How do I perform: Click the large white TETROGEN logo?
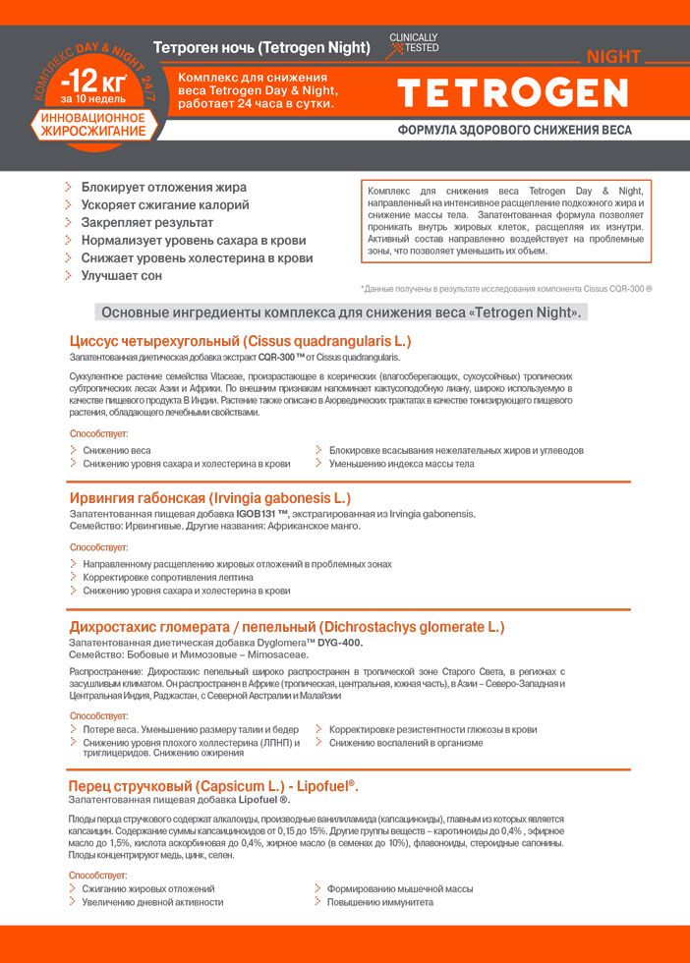[x=512, y=92]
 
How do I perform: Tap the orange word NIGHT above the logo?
[x=613, y=56]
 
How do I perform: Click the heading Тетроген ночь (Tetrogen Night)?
[x=261, y=47]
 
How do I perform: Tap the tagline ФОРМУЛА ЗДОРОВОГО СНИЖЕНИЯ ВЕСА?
[x=514, y=130]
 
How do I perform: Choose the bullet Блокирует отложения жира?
[x=163, y=187]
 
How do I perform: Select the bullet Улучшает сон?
[x=122, y=276]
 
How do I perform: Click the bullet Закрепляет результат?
[x=147, y=222]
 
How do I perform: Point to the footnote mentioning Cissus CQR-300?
[x=507, y=288]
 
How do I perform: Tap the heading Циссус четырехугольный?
[x=240, y=341]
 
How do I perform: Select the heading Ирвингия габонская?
[x=209, y=498]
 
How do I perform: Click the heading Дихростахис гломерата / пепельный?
[x=286, y=627]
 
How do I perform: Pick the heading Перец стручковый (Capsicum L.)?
[x=213, y=786]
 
